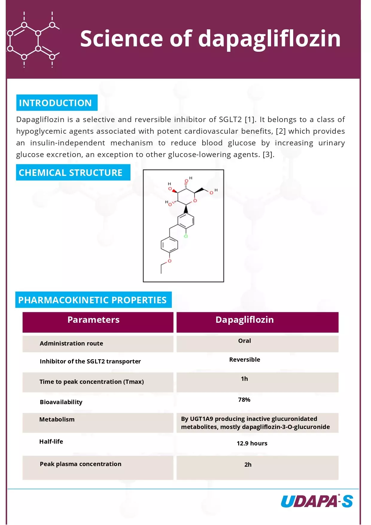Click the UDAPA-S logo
coord(317,501)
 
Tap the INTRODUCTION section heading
coord(55,103)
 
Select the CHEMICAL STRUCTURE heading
coord(71,173)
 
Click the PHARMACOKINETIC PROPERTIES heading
coord(92,300)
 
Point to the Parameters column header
coord(93,320)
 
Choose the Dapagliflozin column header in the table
coord(244,320)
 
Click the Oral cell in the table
coord(244,341)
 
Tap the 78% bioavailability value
coord(244,400)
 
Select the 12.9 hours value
coord(252,443)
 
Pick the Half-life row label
coord(51,442)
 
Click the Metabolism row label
coord(57,419)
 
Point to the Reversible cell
coord(244,360)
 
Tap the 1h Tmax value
coord(244,379)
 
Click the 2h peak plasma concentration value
coord(248,465)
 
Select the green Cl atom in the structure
coord(185,236)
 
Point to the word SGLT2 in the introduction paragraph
coord(230,120)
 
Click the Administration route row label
coord(71,343)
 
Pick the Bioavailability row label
coord(61,402)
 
